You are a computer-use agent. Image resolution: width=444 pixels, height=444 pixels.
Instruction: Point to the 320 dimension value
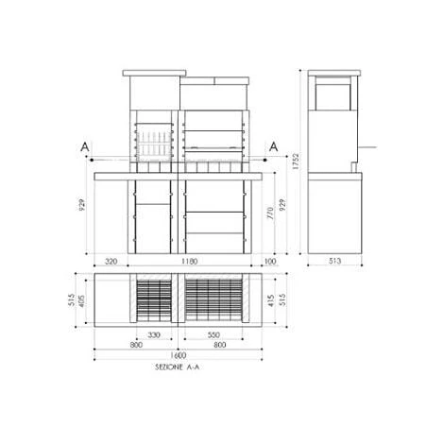pyautogui.click(x=110, y=263)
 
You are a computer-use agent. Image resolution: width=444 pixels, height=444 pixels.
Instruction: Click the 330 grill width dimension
pyautogui.click(x=152, y=335)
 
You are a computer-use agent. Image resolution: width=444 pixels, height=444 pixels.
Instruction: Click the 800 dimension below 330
pyautogui.click(x=138, y=346)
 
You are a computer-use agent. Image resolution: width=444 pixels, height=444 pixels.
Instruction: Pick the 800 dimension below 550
pyautogui.click(x=218, y=346)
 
